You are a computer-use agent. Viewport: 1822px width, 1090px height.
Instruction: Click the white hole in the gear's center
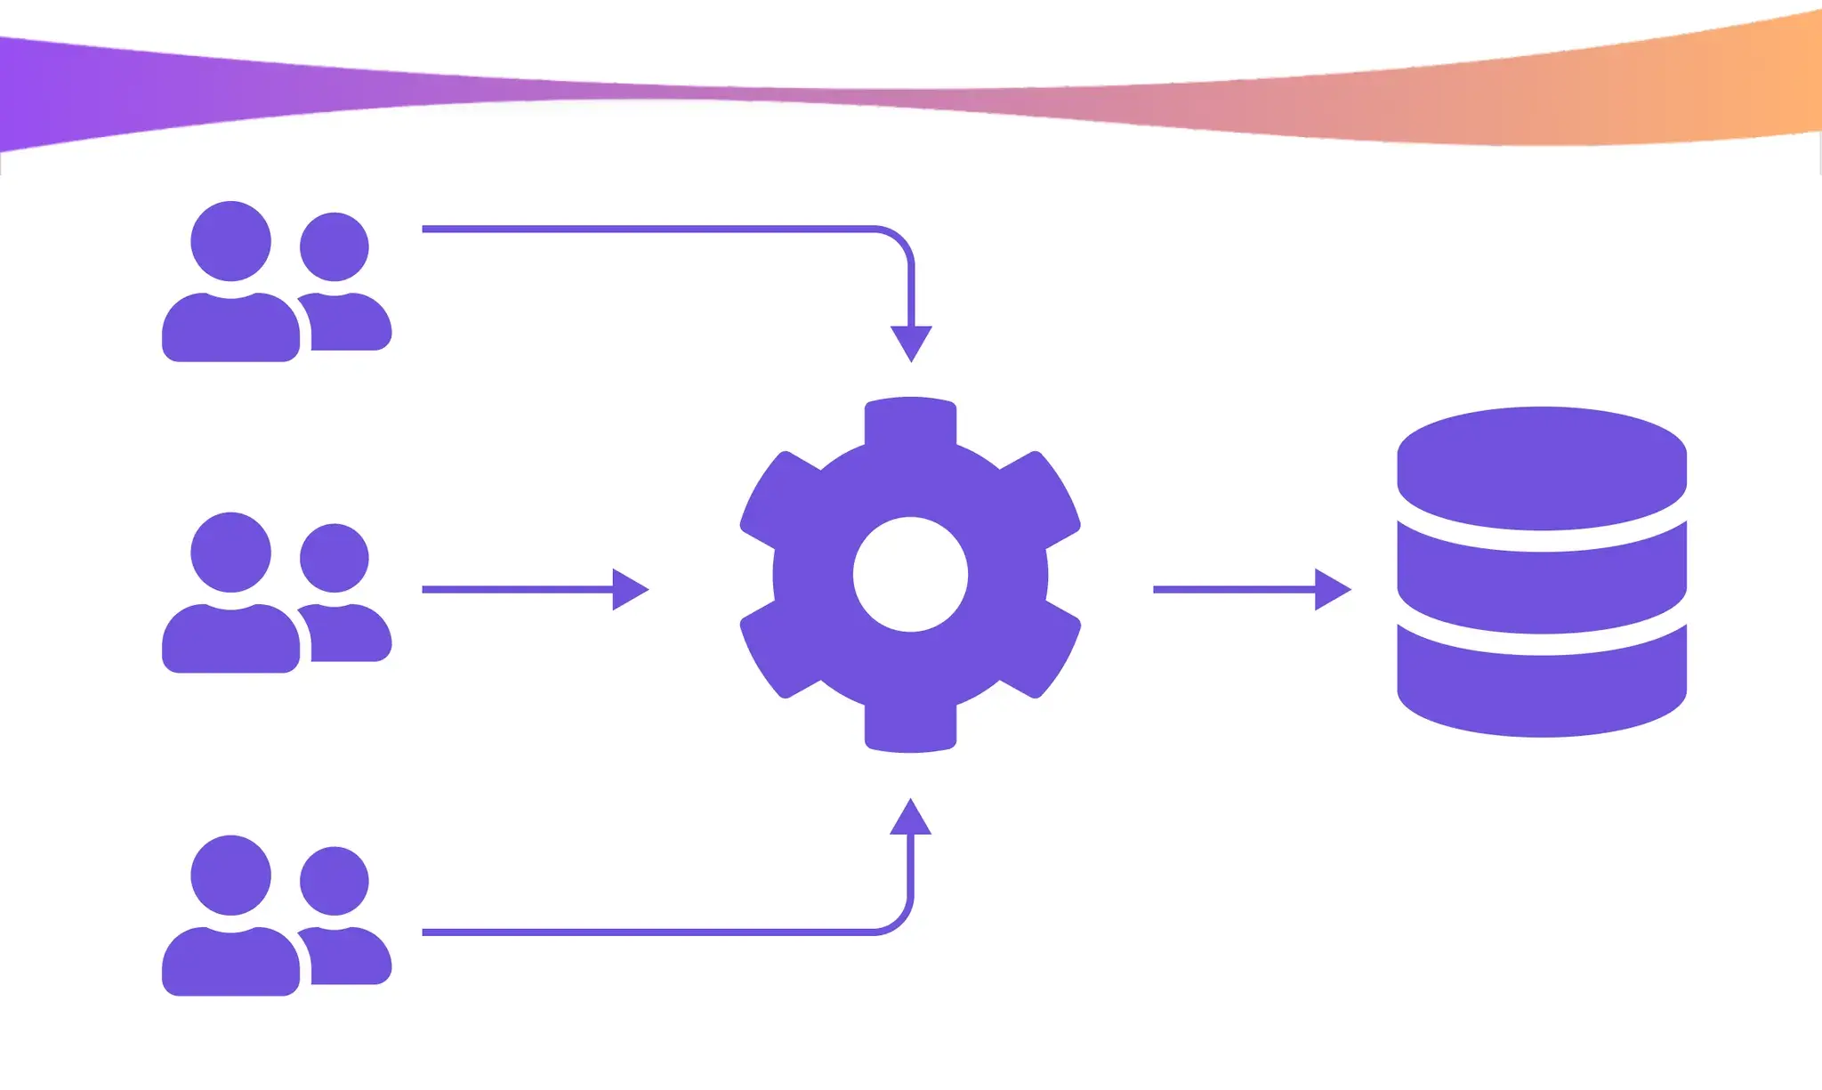910,574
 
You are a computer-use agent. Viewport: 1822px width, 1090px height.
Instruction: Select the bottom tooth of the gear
910,730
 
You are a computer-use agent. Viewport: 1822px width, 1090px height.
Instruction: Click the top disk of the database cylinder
1542,467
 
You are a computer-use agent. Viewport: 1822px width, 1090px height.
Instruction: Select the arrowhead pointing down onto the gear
911,342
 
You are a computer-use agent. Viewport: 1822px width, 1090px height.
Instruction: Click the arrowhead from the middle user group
630,589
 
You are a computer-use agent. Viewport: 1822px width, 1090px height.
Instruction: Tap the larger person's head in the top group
230,241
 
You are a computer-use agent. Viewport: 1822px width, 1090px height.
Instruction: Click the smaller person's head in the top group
335,246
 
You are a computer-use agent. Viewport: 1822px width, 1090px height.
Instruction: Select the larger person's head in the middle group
230,552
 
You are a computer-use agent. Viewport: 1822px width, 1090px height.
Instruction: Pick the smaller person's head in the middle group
335,558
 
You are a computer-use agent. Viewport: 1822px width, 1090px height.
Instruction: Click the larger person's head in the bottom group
230,875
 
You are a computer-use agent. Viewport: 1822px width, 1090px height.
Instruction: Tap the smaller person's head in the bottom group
335,881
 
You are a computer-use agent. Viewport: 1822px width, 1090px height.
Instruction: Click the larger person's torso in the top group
230,329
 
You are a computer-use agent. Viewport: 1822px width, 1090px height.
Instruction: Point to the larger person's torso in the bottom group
230,963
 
